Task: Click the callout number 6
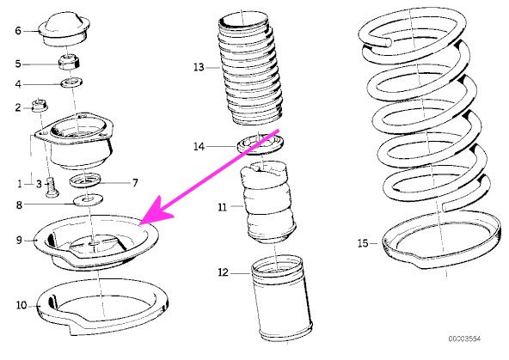[x=18, y=31]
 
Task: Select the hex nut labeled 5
[x=69, y=62]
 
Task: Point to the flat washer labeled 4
[x=71, y=82]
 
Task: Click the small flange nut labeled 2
[x=40, y=106]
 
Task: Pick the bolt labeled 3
[x=51, y=187]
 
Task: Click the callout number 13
[x=199, y=67]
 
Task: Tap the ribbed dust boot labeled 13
[x=249, y=70]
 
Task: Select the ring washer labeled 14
[x=260, y=145]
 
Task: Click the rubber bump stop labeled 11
[x=267, y=203]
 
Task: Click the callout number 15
[x=363, y=243]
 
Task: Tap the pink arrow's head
[x=157, y=210]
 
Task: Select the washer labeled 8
[x=88, y=200]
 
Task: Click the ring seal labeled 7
[x=85, y=180]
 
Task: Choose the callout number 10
[x=21, y=305]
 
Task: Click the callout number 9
[x=19, y=240]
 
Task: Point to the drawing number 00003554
[x=464, y=339]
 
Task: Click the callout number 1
[x=20, y=184]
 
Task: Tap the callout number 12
[x=223, y=272]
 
